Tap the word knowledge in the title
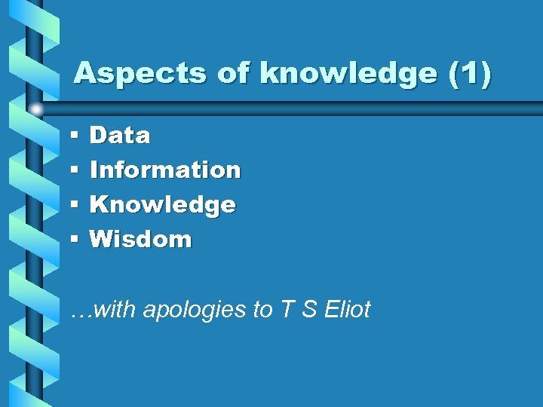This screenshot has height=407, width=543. [348, 73]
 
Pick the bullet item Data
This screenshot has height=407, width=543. [120, 136]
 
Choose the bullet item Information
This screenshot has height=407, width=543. [165, 170]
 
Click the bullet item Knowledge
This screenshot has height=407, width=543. [163, 205]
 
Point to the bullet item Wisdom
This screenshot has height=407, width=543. [141, 240]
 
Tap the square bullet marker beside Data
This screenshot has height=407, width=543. [75, 136]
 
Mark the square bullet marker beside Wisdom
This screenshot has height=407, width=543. [75, 240]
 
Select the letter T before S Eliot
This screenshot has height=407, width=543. [286, 309]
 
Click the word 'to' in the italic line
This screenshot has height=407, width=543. [262, 309]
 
